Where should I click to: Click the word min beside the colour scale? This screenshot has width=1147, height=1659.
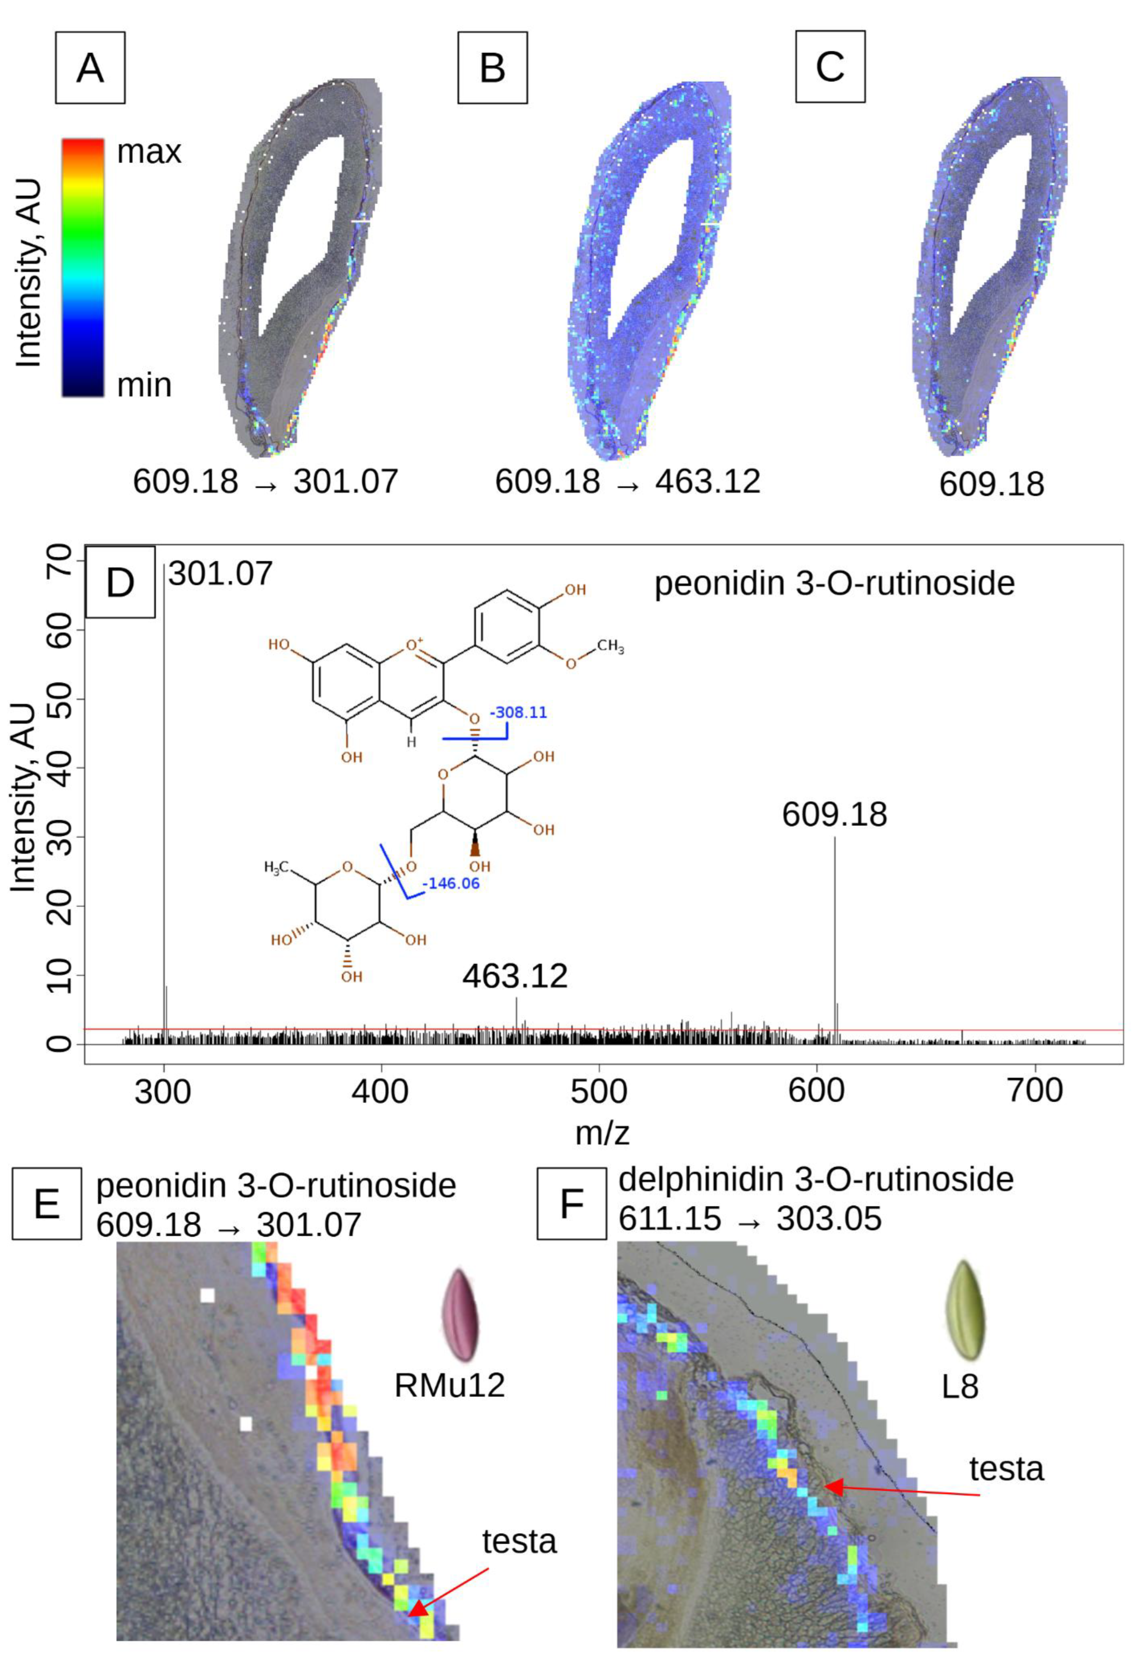tap(144, 385)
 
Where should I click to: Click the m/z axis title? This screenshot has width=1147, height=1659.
tap(602, 1133)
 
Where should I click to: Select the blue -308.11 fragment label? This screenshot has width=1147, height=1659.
tap(518, 713)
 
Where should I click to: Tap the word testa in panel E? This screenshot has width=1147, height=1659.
tap(519, 1541)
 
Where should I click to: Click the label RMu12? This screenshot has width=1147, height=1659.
tap(449, 1385)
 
